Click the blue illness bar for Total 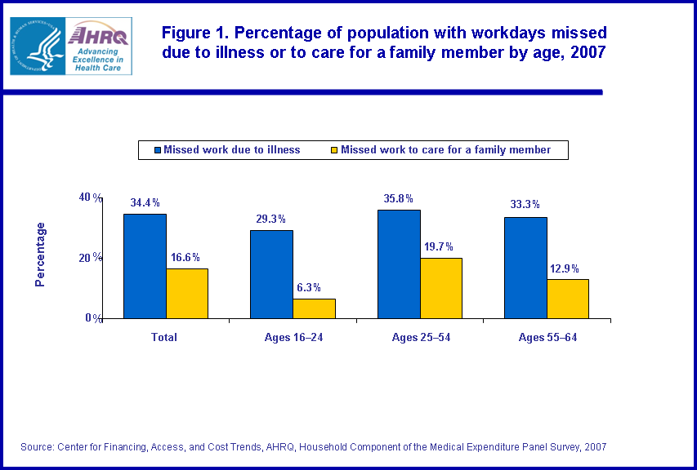pos(145,266)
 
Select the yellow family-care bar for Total pos(187,293)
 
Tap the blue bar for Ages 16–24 pos(271,274)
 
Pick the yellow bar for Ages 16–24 pos(314,308)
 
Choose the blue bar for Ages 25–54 pos(399,264)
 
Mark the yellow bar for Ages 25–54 pos(441,288)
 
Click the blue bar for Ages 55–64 pos(525,268)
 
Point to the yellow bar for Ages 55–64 pos(568,299)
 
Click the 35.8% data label pos(398,198)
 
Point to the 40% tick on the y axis pos(90,197)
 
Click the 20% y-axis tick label pos(90,258)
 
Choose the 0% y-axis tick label pos(93,318)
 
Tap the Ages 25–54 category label pos(420,337)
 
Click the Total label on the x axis pos(165,337)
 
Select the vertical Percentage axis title pos(40,255)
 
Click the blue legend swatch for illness pos(157,150)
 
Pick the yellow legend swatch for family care pos(333,150)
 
